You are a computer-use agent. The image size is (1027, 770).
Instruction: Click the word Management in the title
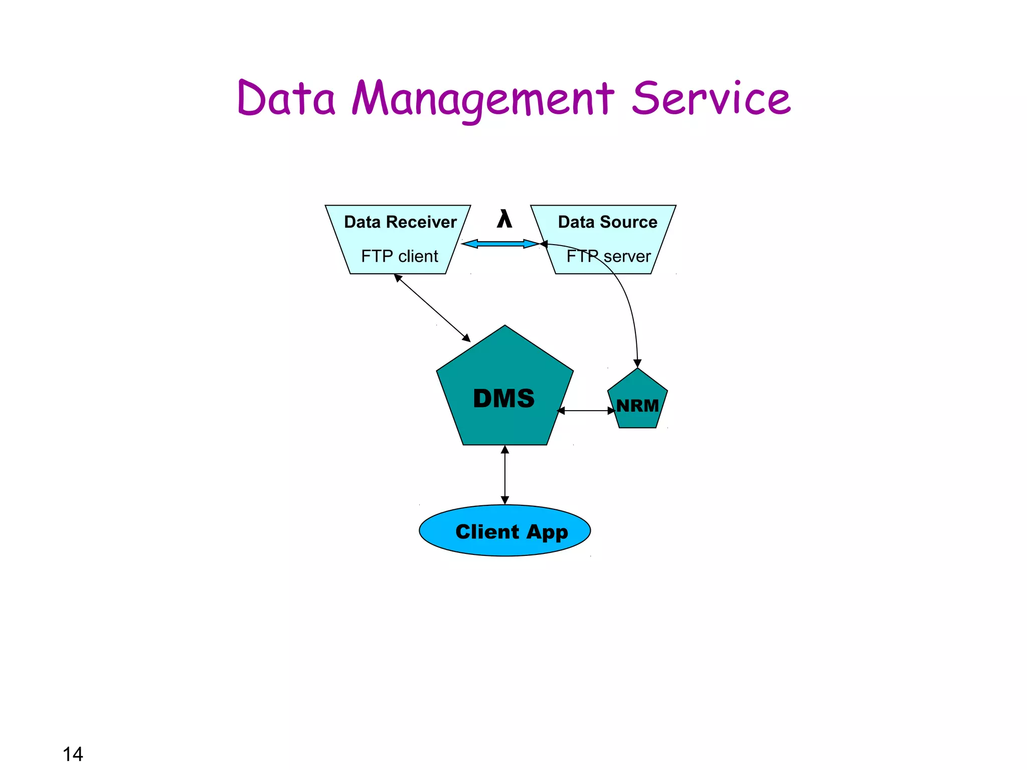click(x=482, y=99)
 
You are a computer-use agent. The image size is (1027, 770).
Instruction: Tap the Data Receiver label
click(x=400, y=222)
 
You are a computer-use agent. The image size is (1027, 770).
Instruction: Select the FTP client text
click(x=399, y=256)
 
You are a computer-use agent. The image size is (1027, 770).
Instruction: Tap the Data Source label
click(x=607, y=222)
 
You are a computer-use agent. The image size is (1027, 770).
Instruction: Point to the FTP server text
click(x=608, y=257)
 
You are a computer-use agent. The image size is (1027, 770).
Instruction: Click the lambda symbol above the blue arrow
click(x=504, y=220)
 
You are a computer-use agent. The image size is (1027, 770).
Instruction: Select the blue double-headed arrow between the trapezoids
click(x=500, y=244)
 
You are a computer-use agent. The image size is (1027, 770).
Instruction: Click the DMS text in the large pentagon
click(x=503, y=399)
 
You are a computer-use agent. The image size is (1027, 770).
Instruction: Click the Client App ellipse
click(x=505, y=531)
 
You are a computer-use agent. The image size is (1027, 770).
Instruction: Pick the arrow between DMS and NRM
click(x=586, y=411)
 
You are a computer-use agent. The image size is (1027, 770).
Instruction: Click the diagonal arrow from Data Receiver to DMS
click(x=432, y=307)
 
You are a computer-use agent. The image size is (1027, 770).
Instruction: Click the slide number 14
click(x=73, y=754)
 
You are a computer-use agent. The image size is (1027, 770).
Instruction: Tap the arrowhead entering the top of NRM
click(x=637, y=363)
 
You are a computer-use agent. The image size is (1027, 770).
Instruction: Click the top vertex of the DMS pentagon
click(x=505, y=326)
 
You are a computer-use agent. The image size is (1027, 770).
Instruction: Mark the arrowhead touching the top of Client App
click(x=505, y=500)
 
